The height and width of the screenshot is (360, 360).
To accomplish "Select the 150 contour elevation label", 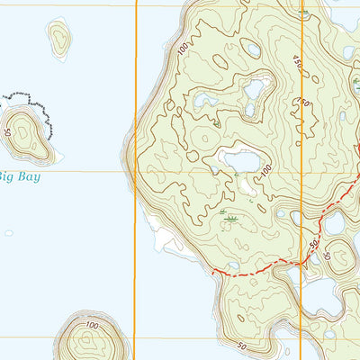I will (x=304, y=103).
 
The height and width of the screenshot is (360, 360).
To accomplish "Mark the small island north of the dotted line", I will (x=59, y=38).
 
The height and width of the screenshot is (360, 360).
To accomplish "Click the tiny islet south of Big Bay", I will (x=9, y=233).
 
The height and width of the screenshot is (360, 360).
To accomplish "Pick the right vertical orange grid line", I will (x=302, y=180).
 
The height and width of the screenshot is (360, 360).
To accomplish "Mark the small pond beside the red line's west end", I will (x=234, y=265).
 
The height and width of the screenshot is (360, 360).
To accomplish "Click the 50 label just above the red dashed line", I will (x=314, y=245).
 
